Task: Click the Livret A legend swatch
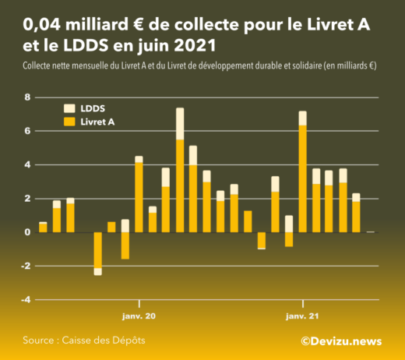(69, 122)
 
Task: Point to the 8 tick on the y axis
(27, 97)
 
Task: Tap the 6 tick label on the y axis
(27, 131)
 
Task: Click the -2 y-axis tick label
(26, 266)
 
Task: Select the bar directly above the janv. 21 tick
(302, 171)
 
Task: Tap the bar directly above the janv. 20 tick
(139, 194)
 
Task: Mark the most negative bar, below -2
(97, 253)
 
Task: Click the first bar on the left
(43, 227)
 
